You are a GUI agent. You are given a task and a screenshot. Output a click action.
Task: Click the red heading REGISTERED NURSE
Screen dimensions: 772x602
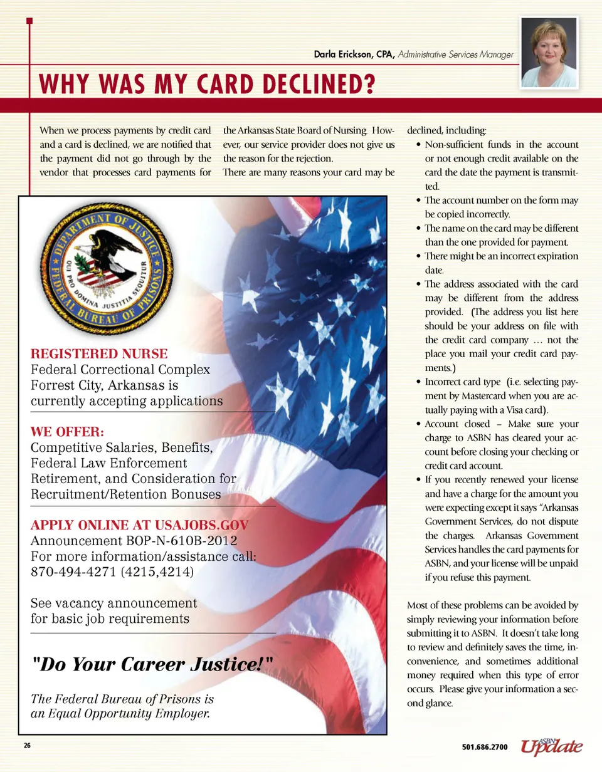click(x=99, y=353)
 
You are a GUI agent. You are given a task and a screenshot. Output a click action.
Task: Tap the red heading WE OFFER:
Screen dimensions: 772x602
click(x=67, y=432)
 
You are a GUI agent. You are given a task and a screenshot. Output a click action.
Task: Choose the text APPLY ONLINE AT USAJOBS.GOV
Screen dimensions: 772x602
click(x=140, y=525)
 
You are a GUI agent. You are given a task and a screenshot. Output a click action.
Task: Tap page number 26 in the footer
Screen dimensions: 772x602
click(x=28, y=746)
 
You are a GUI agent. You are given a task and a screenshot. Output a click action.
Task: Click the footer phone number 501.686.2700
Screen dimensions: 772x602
click(x=485, y=747)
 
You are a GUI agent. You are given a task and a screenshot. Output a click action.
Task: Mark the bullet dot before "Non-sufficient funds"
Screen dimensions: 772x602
click(x=418, y=145)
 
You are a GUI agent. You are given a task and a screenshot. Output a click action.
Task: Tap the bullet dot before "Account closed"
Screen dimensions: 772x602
click(x=418, y=425)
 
